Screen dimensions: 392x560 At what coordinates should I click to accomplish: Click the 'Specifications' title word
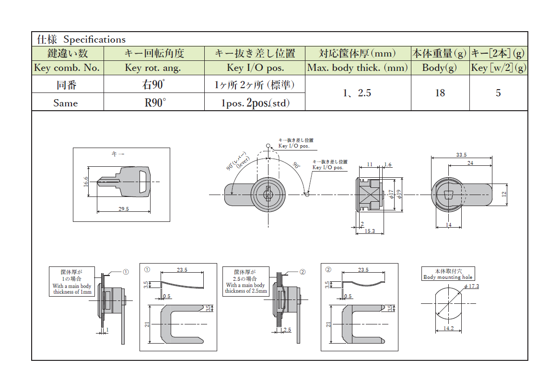click(94, 40)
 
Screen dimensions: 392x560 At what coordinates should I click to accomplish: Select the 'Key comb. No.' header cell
click(67, 68)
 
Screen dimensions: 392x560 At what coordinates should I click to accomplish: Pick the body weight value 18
click(440, 93)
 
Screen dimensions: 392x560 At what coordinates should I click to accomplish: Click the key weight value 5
click(498, 93)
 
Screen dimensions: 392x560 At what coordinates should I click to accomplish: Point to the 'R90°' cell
click(154, 103)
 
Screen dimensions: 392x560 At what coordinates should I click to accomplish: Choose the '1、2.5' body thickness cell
click(357, 93)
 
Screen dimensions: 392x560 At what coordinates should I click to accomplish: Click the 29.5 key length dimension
click(124, 209)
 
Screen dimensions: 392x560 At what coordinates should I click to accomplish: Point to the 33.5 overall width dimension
click(461, 155)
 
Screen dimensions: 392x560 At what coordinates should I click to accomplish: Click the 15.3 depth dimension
click(369, 231)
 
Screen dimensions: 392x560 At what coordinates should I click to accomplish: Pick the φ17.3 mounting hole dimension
click(471, 287)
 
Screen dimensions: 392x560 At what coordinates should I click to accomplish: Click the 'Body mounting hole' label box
click(448, 274)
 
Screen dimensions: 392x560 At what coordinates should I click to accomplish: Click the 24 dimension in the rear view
click(470, 163)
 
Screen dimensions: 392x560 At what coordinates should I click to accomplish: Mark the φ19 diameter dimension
click(398, 194)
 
